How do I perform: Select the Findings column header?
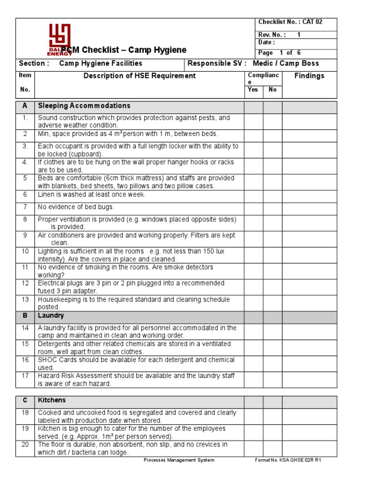(309, 76)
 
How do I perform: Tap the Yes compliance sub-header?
(253, 90)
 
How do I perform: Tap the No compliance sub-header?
(272, 90)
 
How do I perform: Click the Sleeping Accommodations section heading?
(84, 106)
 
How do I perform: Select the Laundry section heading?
(51, 316)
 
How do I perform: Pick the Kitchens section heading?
(52, 401)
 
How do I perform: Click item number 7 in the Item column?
(25, 207)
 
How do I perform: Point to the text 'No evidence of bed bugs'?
(76, 207)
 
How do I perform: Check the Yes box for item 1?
(253, 121)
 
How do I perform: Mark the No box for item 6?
(272, 195)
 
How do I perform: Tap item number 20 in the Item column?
(25, 445)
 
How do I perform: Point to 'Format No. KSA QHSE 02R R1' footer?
(288, 460)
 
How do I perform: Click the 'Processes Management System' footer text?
(179, 460)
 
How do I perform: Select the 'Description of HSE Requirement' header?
(140, 76)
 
